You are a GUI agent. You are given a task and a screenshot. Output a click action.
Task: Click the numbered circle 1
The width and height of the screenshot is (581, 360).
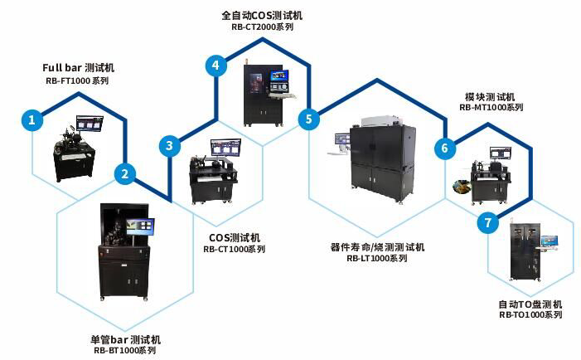(32, 120)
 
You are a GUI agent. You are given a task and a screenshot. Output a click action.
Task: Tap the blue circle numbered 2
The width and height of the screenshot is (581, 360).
(125, 173)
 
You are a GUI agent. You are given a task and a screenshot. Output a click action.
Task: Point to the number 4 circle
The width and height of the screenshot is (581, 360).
(215, 66)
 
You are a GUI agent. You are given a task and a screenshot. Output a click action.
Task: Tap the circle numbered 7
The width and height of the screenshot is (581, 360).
(489, 223)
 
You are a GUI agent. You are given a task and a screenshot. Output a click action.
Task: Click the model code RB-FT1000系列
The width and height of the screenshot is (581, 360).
(77, 81)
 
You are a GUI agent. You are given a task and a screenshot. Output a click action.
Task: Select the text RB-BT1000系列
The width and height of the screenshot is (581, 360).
(124, 351)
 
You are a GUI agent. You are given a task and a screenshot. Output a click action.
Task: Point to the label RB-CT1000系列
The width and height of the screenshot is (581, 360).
(235, 249)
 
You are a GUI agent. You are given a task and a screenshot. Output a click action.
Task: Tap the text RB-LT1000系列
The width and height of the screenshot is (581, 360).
(377, 258)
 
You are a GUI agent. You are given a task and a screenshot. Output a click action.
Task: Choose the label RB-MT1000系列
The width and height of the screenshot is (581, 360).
(491, 107)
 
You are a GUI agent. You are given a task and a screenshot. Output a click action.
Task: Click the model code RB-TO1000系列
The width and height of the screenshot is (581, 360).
(530, 315)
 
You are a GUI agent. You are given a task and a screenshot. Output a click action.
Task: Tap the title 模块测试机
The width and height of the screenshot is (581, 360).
(490, 96)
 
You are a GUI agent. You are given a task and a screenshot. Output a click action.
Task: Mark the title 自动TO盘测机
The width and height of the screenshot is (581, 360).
(530, 304)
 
